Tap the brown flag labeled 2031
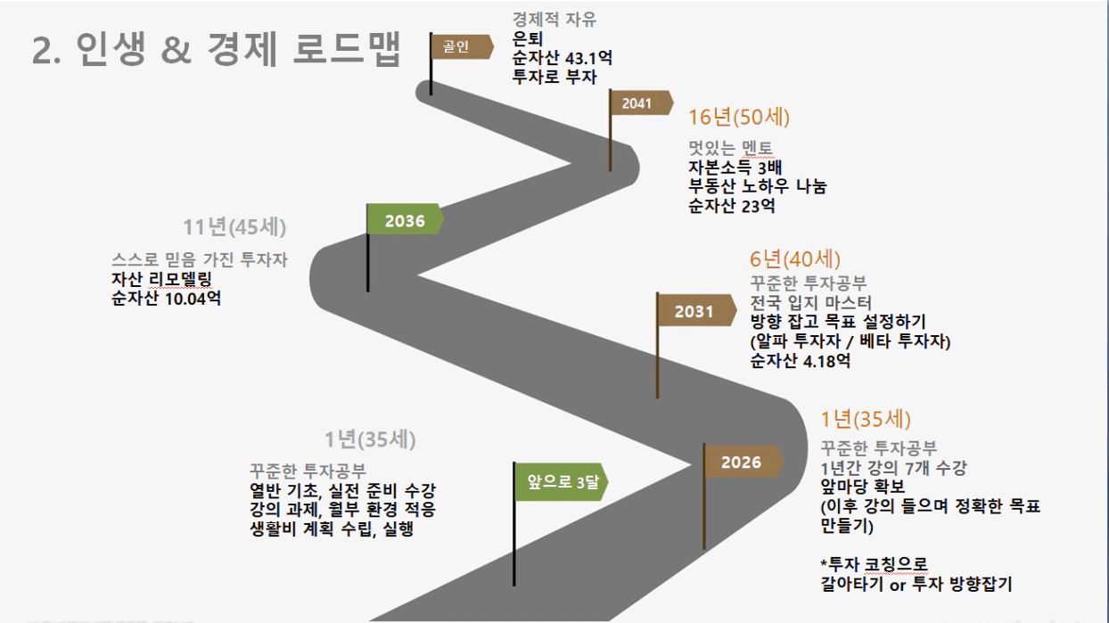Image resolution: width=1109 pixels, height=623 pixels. [695, 310]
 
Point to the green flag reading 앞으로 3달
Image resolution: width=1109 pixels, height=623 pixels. [561, 481]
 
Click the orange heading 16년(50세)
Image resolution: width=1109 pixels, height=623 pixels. [739, 118]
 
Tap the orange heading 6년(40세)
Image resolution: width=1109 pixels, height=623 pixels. [794, 258]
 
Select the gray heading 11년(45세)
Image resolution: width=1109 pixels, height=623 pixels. [234, 227]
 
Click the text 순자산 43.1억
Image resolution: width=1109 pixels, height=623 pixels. [562, 58]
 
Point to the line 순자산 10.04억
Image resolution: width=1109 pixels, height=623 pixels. [166, 299]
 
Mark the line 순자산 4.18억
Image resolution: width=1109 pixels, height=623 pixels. [800, 361]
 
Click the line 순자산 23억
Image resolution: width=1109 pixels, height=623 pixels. [732, 205]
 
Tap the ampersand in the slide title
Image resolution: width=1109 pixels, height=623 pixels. [177, 50]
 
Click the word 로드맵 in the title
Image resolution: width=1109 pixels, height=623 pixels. [347, 49]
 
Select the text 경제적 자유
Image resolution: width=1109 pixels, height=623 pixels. [554, 20]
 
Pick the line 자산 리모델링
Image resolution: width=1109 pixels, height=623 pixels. [161, 279]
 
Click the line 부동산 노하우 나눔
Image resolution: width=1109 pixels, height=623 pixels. [758, 186]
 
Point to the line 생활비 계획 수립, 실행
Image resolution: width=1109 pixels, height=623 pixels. [332, 529]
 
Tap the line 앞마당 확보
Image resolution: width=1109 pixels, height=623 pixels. [863, 487]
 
